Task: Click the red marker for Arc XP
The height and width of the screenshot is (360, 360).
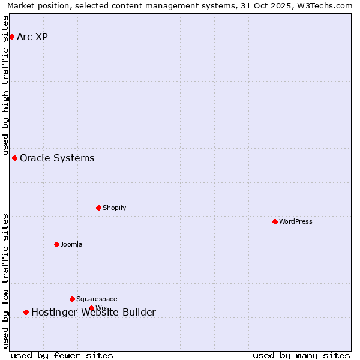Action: (11, 37)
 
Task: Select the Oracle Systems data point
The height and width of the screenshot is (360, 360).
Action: (14, 158)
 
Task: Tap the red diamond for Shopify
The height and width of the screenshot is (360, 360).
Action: (98, 208)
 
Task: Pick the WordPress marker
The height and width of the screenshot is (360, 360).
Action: (275, 221)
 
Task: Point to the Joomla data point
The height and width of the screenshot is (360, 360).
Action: (56, 244)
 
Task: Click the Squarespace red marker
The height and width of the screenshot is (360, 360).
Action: (72, 299)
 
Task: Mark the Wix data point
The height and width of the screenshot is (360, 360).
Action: (91, 308)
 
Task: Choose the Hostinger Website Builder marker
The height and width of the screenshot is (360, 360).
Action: (26, 312)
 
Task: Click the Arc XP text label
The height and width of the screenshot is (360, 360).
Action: (32, 37)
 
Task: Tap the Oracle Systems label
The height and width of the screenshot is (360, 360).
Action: (57, 158)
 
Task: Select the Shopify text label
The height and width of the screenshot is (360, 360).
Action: (114, 208)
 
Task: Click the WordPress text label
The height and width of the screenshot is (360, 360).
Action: (295, 221)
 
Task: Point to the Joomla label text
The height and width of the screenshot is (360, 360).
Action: (71, 244)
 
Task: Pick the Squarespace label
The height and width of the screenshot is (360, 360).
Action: (97, 299)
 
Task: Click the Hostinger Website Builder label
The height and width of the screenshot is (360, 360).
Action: (93, 312)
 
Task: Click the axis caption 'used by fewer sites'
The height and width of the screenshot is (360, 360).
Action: (62, 355)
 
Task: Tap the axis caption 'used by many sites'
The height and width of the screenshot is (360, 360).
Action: (301, 355)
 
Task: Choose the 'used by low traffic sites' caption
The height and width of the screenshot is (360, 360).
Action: (6, 281)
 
